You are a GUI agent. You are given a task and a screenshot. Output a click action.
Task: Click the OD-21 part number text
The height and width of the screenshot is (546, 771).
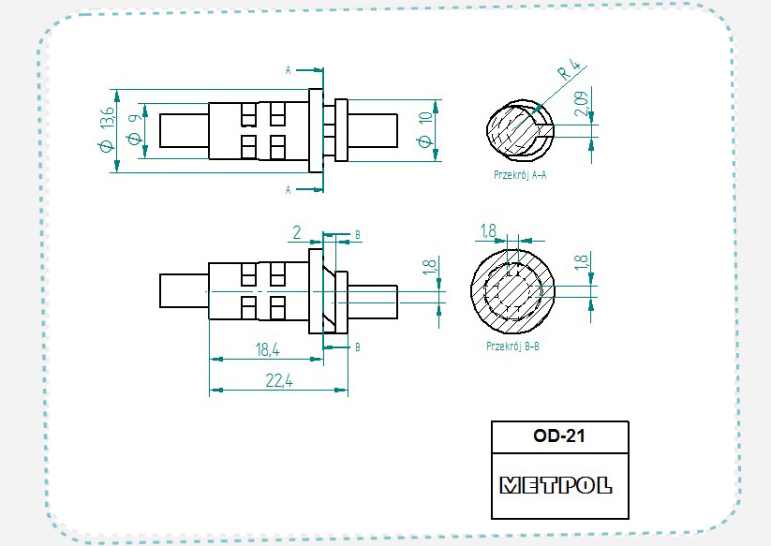pos(559,435)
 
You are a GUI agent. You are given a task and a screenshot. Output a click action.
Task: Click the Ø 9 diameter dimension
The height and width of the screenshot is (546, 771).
pos(133,129)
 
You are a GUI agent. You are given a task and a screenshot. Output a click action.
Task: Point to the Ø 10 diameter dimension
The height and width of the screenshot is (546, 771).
pos(425,129)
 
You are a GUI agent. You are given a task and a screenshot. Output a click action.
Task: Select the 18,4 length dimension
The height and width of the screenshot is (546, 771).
pos(267,350)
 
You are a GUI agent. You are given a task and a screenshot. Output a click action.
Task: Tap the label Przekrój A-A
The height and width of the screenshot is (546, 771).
pos(521,174)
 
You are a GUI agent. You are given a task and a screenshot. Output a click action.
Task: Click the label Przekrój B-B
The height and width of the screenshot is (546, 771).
pos(512,347)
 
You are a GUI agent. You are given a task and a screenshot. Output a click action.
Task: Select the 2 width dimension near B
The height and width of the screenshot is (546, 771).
pos(296,230)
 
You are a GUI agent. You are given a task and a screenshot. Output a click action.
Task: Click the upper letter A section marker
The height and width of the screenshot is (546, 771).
pos(288,69)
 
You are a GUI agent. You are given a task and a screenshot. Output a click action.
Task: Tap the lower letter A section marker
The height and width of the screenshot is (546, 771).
pos(288,190)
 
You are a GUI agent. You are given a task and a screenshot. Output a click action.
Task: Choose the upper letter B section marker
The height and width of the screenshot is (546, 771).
pos(357,234)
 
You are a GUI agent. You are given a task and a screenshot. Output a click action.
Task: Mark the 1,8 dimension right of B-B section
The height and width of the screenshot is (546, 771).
pos(584,262)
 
